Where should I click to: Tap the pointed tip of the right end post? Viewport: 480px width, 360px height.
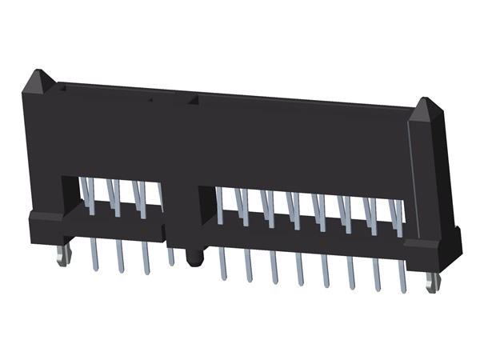coord(426,101)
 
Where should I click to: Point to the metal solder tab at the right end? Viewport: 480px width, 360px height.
coord(432,282)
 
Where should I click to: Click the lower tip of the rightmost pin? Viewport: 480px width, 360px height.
coord(402,290)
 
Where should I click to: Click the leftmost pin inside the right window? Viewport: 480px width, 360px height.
coord(220,204)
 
